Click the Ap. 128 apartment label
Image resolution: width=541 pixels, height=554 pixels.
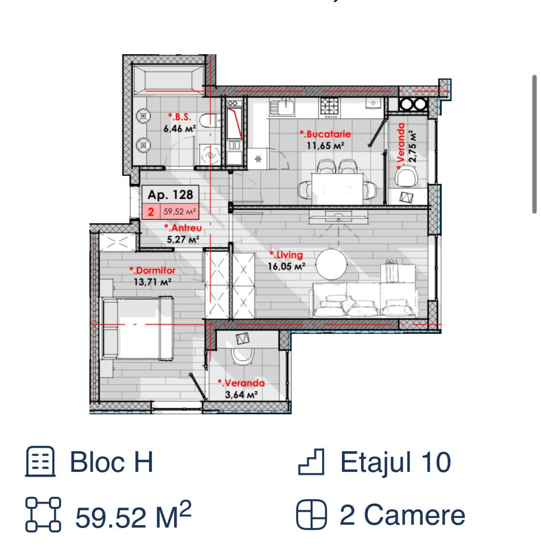[170, 195]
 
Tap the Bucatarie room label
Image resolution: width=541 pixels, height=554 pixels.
[325, 134]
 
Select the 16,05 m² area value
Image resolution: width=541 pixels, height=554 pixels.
[286, 266]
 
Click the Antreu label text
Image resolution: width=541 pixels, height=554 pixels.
[183, 228]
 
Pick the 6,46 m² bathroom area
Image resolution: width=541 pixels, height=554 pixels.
[179, 129]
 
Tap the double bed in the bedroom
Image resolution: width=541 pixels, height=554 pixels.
[138, 328]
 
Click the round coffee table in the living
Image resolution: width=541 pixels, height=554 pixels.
[331, 265]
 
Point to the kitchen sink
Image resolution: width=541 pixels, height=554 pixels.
[282, 108]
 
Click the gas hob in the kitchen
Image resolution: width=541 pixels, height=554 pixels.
[329, 108]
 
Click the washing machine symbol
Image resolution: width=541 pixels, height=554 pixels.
[210, 155]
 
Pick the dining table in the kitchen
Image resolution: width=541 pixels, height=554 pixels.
[337, 189]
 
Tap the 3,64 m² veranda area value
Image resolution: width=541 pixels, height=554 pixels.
[241, 395]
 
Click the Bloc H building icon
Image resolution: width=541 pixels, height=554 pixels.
[40, 461]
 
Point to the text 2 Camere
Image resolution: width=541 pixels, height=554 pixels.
[403, 515]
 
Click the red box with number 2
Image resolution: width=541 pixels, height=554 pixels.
[151, 212]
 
